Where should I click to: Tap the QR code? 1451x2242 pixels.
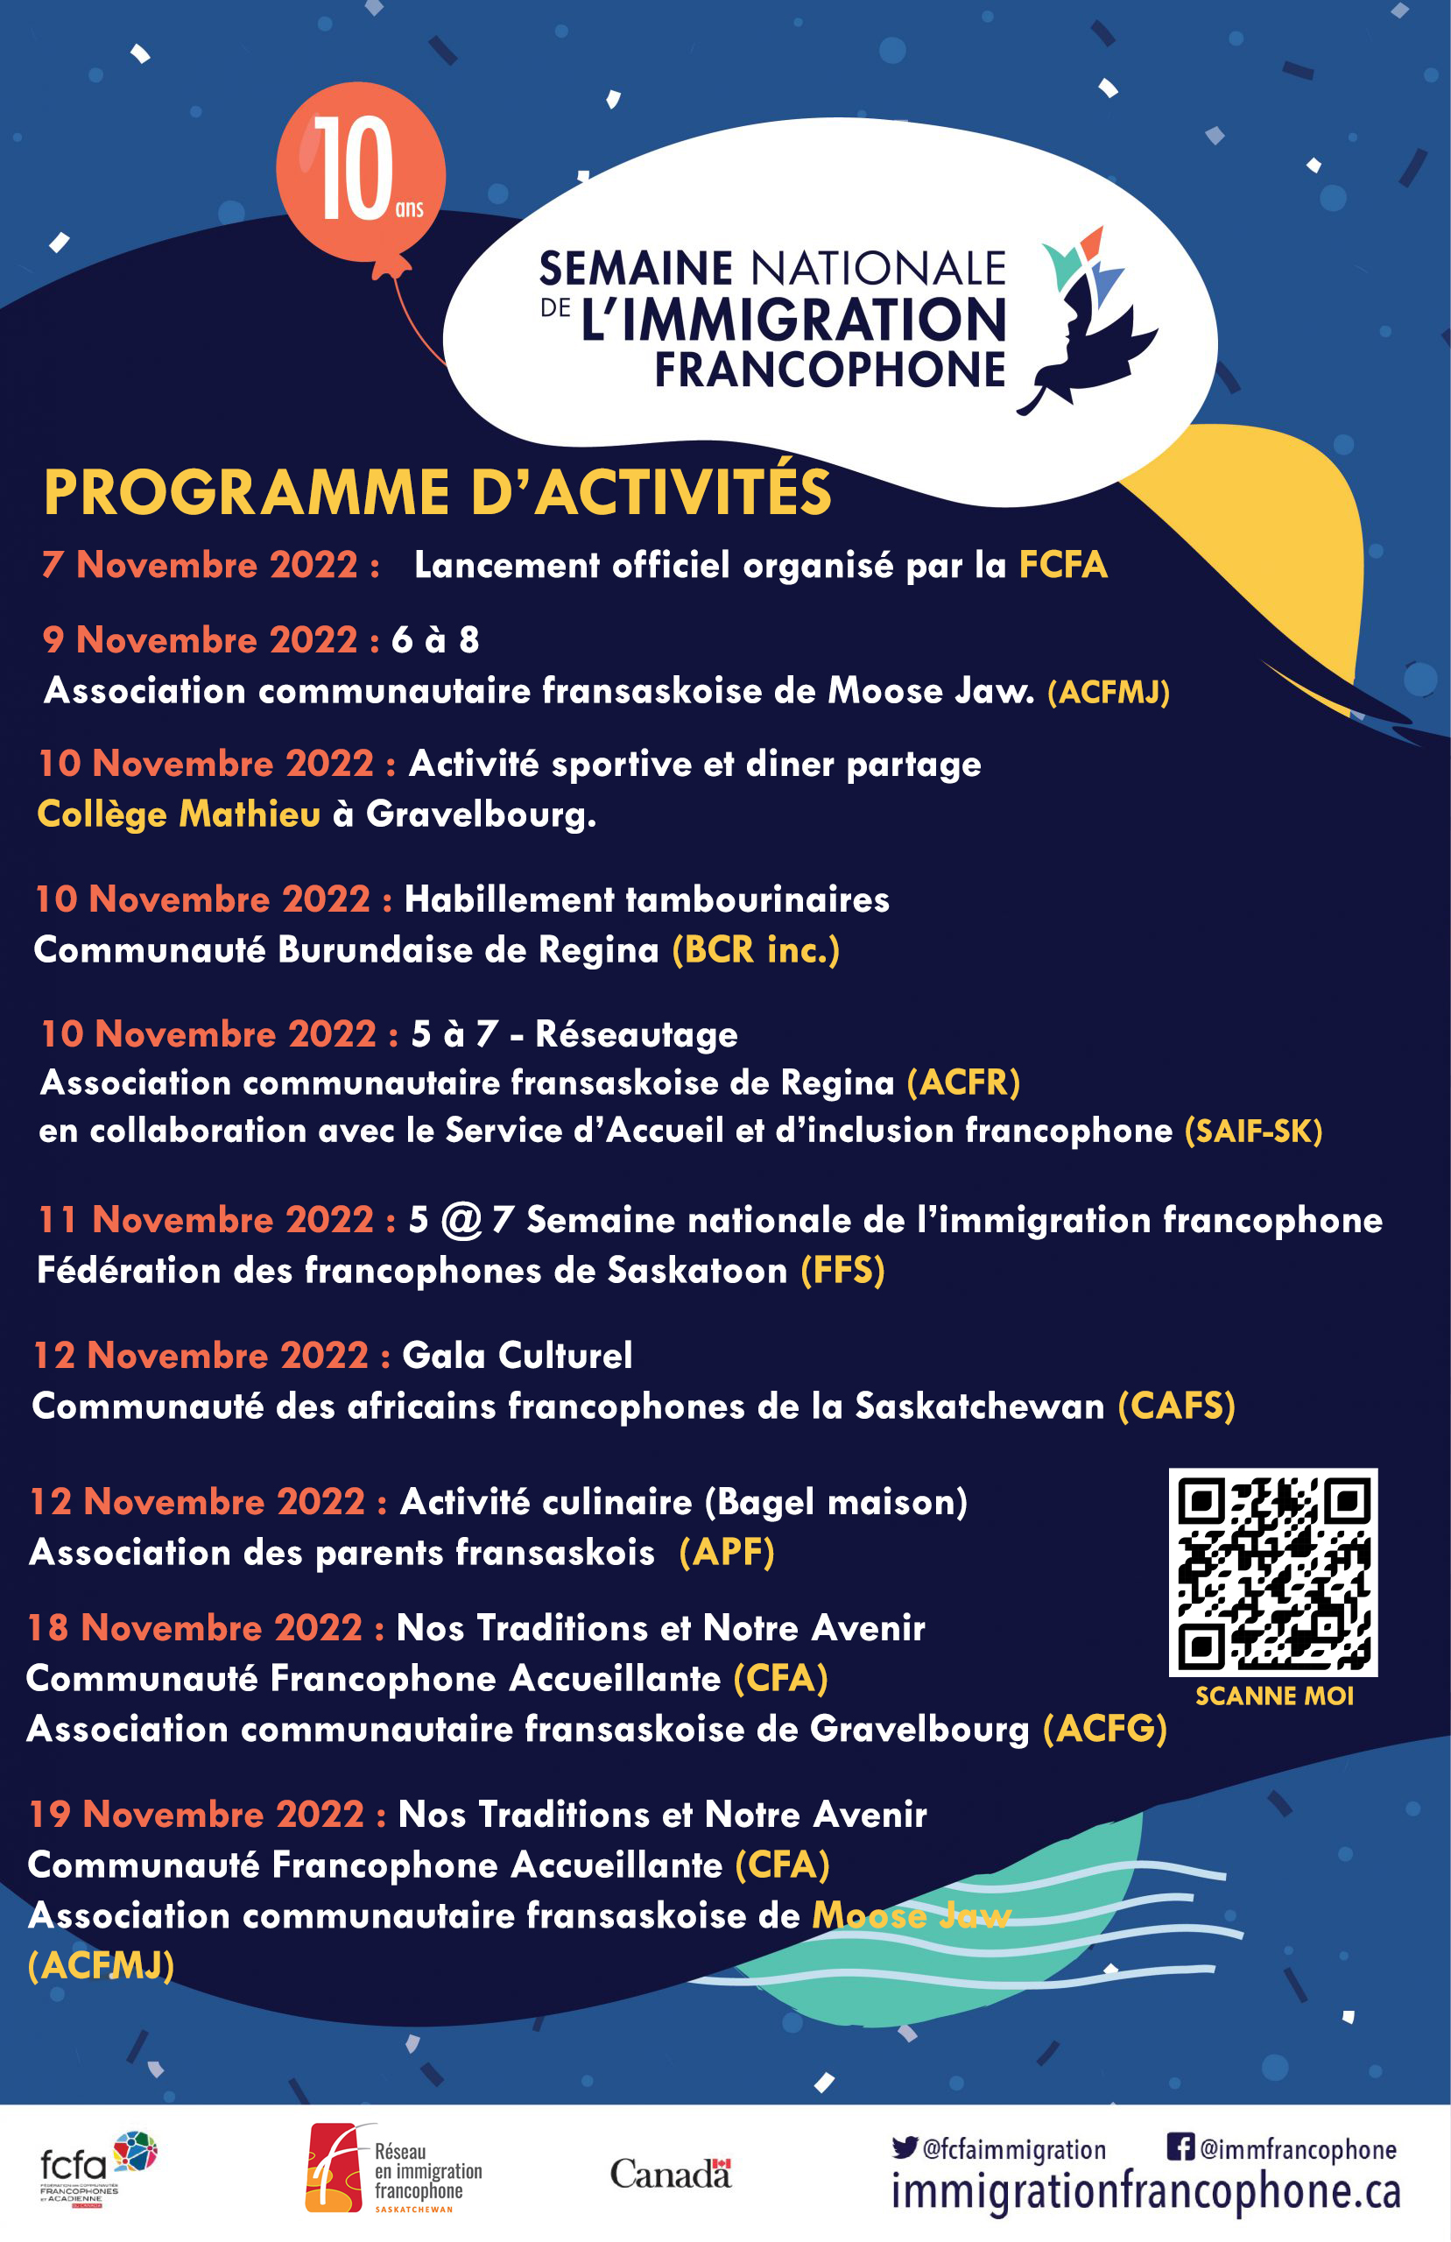tap(1273, 1571)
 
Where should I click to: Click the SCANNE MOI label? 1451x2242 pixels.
tap(1274, 1696)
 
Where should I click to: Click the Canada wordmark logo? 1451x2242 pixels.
tap(670, 2172)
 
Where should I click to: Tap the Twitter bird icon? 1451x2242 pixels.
tap(905, 2147)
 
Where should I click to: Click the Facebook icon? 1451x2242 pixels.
tap(1180, 2146)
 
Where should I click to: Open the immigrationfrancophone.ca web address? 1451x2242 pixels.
tap(1145, 2191)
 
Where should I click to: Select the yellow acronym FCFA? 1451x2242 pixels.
tap(1063, 565)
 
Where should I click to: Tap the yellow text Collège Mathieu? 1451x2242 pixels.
tap(179, 814)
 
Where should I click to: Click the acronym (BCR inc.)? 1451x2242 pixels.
tap(756, 949)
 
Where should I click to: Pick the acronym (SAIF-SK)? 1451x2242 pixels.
tap(1253, 1131)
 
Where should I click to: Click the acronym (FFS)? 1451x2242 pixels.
tap(842, 1271)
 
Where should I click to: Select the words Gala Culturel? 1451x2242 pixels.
tap(518, 1356)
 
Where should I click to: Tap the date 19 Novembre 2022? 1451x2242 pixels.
tap(196, 1815)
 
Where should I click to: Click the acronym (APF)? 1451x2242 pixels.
tap(727, 1553)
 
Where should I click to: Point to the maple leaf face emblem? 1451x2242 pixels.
tap(1093, 321)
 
